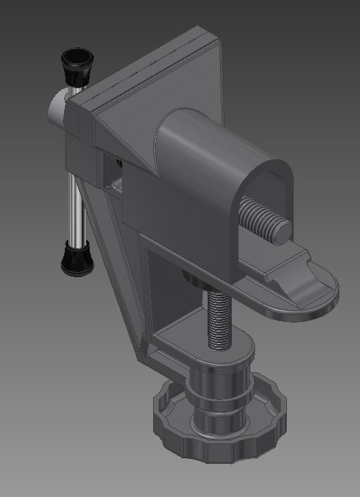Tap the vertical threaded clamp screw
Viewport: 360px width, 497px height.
pyautogui.click(x=219, y=317)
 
